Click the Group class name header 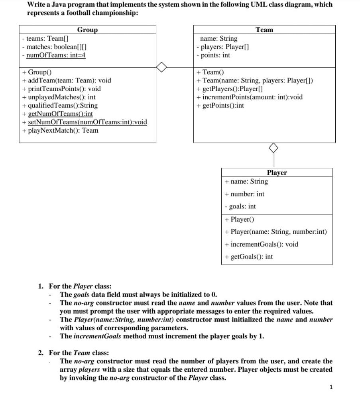(87, 30)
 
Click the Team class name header (264, 30)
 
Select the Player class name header (277, 173)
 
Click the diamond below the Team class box (273, 148)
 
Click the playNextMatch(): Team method (60, 130)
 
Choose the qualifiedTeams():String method (60, 105)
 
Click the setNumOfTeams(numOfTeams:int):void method (85, 122)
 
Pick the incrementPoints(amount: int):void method (250, 97)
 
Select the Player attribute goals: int (240, 206)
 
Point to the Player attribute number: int (244, 194)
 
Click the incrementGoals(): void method (261, 244)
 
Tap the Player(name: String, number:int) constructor (275, 231)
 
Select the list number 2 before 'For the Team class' (41, 353)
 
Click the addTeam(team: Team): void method (67, 80)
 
